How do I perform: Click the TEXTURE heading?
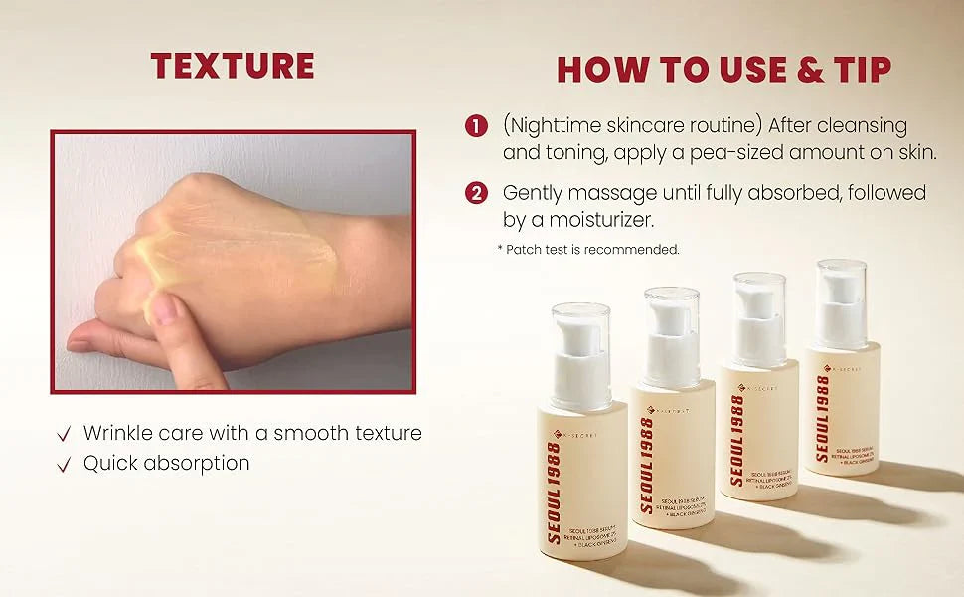233,66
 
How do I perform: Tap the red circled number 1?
477,126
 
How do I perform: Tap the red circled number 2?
477,192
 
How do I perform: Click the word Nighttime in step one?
562,126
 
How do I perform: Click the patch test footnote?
588,250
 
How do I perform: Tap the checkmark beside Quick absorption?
65,464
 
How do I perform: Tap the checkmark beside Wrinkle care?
65,434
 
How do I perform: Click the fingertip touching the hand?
165,308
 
